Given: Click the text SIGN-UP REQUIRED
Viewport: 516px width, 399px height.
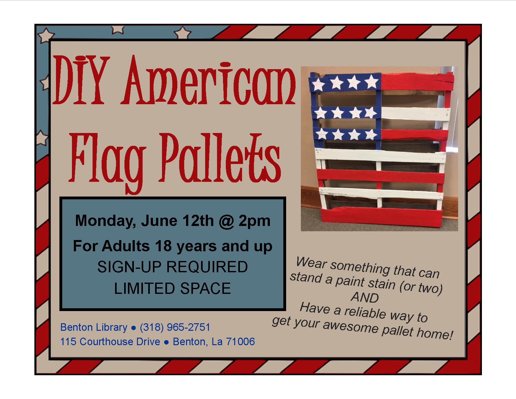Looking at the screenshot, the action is click(173, 267).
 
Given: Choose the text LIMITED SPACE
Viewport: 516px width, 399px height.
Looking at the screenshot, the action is click(173, 288).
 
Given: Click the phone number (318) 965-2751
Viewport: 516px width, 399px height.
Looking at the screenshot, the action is click(175, 327).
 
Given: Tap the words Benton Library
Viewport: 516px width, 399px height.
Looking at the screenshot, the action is click(94, 327).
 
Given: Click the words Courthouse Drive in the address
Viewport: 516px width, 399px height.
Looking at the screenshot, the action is click(120, 341).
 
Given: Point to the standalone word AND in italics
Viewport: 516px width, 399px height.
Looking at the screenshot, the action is click(365, 297).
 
